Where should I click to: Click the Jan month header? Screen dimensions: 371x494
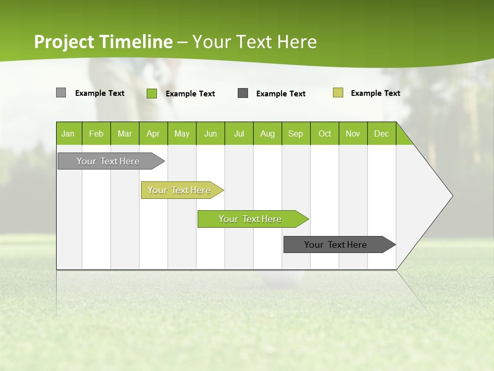coord(68,133)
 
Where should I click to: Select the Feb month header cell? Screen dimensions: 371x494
coord(96,133)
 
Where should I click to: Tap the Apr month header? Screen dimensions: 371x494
coord(153,133)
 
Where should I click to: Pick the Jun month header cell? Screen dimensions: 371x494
coord(210,133)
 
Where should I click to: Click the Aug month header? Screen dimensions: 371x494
coord(268,133)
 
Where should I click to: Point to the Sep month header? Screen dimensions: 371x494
coord(296,133)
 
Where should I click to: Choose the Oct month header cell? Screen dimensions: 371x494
coord(325,133)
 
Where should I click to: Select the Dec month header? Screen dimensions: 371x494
coord(382,133)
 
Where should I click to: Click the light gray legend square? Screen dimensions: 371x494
coord(61,93)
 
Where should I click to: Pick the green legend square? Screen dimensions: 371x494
coord(152,93)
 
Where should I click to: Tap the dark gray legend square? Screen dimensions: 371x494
coord(243,93)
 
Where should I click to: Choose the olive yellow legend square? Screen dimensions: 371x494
coord(338,93)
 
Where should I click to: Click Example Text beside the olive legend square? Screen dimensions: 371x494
coord(375,93)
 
